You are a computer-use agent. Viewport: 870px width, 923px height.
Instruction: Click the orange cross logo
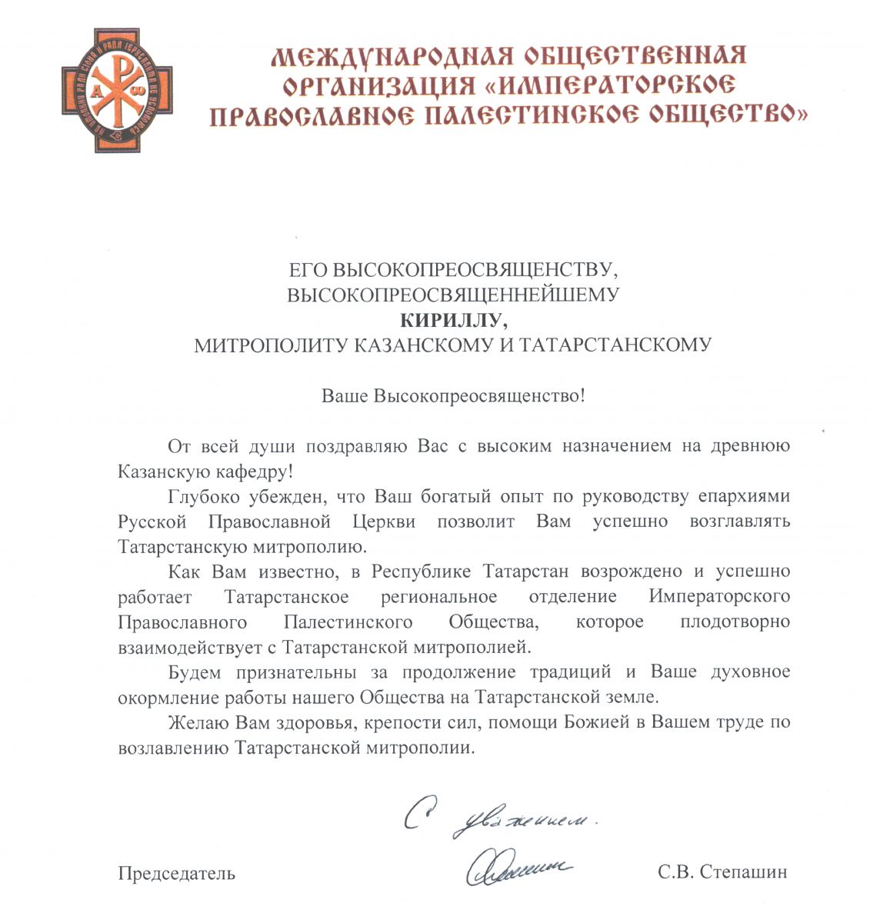point(117,90)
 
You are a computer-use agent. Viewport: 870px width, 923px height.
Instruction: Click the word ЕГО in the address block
point(308,270)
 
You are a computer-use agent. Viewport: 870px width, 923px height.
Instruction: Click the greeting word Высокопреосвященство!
point(479,396)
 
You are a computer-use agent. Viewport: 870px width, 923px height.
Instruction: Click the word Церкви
point(383,521)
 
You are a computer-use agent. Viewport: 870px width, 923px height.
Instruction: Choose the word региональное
point(438,597)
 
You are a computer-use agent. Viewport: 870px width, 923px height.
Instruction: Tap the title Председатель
point(176,873)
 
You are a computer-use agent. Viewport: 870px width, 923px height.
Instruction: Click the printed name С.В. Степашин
point(722,872)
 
